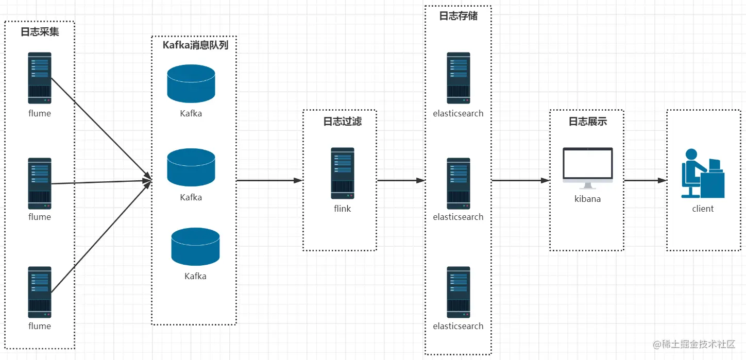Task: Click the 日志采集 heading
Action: click(x=40, y=31)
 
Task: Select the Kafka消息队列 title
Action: click(x=195, y=45)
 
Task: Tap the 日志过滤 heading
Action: click(x=343, y=121)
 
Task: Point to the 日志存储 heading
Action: click(x=458, y=15)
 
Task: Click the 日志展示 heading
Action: click(x=587, y=121)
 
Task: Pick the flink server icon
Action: click(x=343, y=173)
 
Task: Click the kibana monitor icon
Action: click(x=587, y=168)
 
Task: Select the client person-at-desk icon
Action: click(x=703, y=173)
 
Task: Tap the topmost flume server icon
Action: click(x=40, y=78)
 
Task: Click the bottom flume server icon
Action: click(x=40, y=292)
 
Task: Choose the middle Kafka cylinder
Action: click(x=191, y=167)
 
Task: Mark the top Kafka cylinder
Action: click(x=191, y=83)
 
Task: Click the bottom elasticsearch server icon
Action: click(x=458, y=292)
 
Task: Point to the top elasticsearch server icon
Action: click(x=458, y=78)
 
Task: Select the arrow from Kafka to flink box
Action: click(x=270, y=180)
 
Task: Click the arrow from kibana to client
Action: click(x=646, y=180)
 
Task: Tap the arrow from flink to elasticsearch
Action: click(x=401, y=180)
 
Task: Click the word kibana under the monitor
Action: click(x=587, y=199)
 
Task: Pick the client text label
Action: click(x=703, y=209)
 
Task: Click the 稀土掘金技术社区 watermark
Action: click(x=694, y=344)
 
